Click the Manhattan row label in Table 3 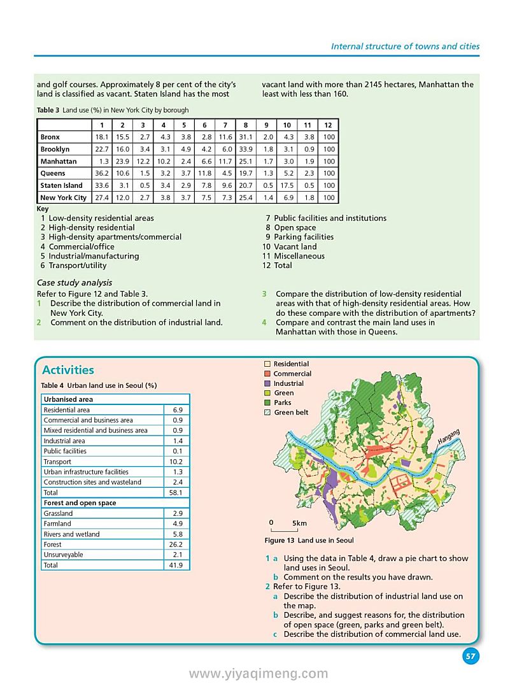[x=59, y=162]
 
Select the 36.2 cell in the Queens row [x=102, y=174]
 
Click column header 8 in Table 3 [x=246, y=125]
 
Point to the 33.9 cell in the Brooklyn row [x=246, y=150]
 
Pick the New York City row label [x=63, y=198]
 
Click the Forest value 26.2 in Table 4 [x=176, y=544]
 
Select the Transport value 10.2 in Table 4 [x=176, y=462]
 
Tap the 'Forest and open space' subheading [x=80, y=503]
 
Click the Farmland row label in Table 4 [x=57, y=523]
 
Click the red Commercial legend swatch [x=267, y=374]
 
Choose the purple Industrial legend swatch [x=267, y=383]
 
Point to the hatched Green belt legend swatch [x=267, y=413]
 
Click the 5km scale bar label [x=299, y=523]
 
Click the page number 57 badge [x=471, y=657]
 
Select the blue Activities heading [x=67, y=370]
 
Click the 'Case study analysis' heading [x=74, y=283]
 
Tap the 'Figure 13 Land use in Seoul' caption [x=309, y=541]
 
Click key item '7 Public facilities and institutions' [x=325, y=218]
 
